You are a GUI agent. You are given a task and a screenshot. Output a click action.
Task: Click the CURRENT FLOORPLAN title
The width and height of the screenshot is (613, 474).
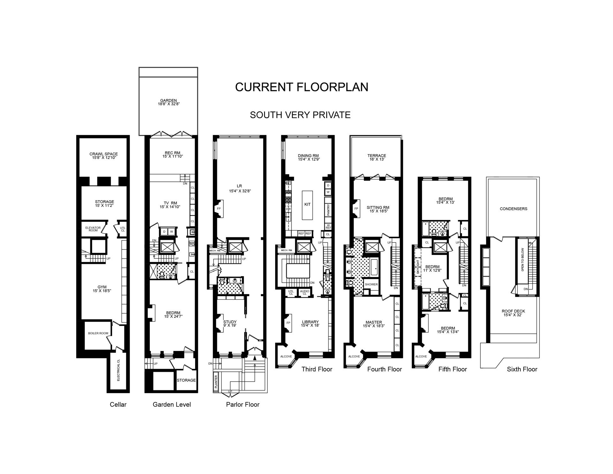302,87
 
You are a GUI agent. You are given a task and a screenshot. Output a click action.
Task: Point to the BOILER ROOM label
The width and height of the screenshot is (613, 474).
98,333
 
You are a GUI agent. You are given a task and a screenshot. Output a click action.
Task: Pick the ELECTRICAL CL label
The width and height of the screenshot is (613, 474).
118,370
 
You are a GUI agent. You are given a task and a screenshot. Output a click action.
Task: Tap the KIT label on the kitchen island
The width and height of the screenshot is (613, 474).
307,204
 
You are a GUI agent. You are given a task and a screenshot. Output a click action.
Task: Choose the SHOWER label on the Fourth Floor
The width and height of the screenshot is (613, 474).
371,284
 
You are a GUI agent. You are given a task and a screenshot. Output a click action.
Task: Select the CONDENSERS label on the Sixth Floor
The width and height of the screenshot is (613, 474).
513,209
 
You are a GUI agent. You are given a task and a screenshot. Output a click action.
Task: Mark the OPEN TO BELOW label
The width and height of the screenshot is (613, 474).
523,260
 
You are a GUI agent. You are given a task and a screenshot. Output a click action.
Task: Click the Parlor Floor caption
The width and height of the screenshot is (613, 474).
243,405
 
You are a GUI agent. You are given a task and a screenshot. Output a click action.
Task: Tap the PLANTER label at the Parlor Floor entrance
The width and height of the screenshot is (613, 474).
216,381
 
